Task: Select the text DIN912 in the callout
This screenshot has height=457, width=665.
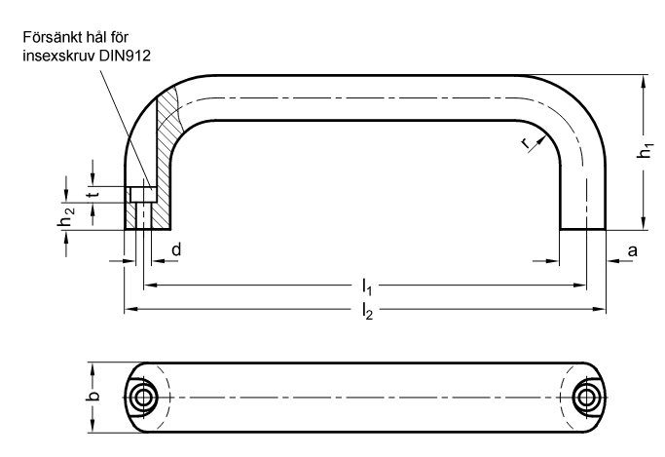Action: [125, 56]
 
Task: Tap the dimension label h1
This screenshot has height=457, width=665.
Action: [646, 151]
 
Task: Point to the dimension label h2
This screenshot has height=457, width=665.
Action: [65, 216]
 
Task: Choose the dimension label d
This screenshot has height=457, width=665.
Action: [176, 249]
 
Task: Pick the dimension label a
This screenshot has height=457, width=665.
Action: [632, 250]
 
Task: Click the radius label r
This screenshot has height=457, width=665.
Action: [526, 143]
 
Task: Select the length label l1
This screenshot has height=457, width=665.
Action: [367, 286]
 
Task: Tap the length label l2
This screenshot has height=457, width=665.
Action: [367, 311]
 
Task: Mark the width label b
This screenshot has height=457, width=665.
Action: [94, 395]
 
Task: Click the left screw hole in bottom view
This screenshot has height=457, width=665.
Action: [143, 398]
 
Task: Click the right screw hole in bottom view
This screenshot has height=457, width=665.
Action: [586, 398]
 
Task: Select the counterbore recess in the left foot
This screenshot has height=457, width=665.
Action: [143, 194]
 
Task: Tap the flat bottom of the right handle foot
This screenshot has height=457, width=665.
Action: [582, 230]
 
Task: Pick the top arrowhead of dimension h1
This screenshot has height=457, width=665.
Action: [644, 82]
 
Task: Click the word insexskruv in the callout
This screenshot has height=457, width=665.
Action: [59, 56]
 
